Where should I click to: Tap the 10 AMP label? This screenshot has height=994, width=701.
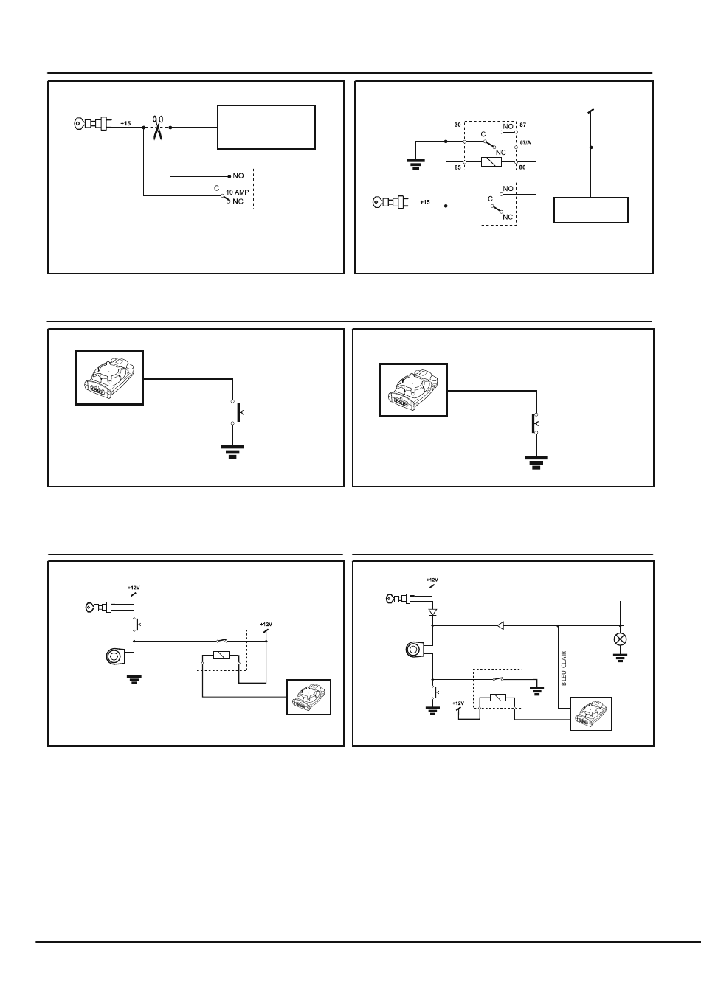click(238, 192)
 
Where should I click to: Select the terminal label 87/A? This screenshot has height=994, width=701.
click(525, 142)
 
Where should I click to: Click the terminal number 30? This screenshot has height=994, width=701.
click(457, 125)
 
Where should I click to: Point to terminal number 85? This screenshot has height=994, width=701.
click(457, 167)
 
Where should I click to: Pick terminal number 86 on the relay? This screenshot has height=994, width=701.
click(522, 167)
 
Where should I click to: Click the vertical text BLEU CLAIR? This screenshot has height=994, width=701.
click(564, 668)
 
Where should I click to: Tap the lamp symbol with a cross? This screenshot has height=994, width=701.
click(620, 639)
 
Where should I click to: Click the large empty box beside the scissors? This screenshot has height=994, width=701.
click(266, 128)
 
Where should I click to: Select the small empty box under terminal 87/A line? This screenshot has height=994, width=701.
click(591, 210)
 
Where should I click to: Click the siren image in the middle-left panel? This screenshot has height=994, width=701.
click(109, 378)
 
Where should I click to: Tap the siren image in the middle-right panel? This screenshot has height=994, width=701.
click(413, 390)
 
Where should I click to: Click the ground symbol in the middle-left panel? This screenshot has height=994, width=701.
click(232, 451)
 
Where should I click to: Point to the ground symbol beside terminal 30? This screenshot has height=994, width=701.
click(416, 164)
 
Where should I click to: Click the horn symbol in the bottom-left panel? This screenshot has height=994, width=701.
click(117, 657)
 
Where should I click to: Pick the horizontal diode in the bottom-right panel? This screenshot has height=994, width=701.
click(500, 626)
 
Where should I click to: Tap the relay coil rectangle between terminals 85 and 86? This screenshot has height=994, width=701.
click(491, 162)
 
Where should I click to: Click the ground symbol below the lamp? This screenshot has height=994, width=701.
click(620, 658)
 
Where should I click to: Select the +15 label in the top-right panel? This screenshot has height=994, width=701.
click(425, 202)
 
